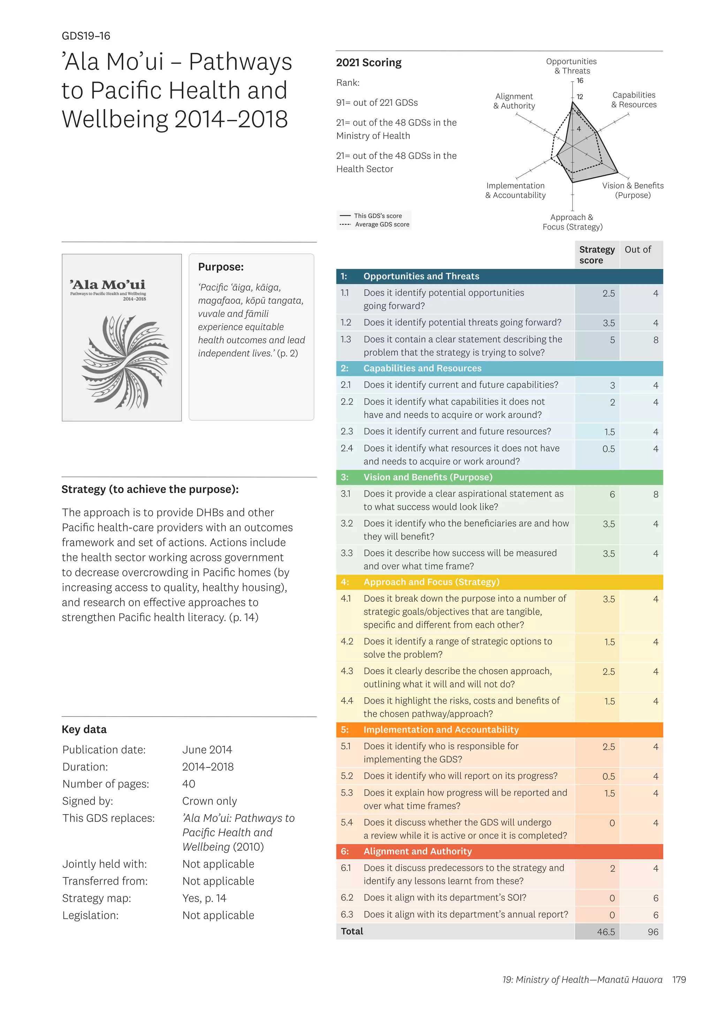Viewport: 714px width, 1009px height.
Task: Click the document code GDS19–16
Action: [x=86, y=36]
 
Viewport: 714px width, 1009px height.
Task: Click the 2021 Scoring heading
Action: [x=369, y=63]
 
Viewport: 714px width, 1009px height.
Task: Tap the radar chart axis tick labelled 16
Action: [x=580, y=81]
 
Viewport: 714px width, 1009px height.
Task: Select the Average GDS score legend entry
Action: [x=382, y=225]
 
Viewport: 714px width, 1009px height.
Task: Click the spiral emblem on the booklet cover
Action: [x=125, y=362]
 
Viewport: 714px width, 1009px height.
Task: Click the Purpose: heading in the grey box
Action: [x=221, y=267]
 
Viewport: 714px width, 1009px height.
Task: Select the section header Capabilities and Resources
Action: [x=422, y=368]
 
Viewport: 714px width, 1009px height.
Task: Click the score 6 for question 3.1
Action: [x=612, y=494]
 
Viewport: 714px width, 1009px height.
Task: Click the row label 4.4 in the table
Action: [x=347, y=701]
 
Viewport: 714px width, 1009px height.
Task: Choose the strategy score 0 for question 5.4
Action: [x=612, y=823]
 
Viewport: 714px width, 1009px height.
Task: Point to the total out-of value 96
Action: [x=653, y=932]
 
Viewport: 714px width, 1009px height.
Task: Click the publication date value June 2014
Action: [x=207, y=750]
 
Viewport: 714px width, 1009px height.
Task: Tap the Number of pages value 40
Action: [x=189, y=784]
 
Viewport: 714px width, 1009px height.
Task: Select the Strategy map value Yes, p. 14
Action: [x=204, y=898]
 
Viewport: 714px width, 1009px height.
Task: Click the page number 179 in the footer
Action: [x=679, y=979]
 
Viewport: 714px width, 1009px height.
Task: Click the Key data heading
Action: [x=84, y=730]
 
